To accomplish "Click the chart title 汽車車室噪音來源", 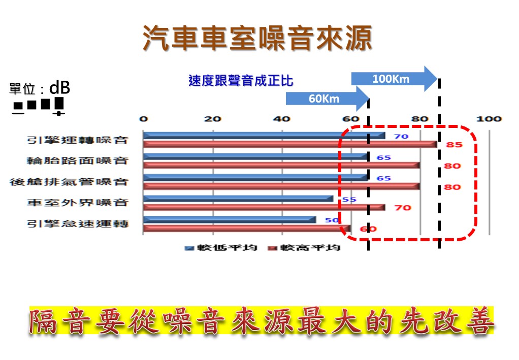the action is click(x=257, y=38).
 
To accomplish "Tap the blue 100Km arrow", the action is click(x=394, y=79).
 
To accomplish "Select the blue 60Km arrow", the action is click(x=328, y=99).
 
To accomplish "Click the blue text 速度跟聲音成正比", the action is click(x=241, y=81).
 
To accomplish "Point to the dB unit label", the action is click(x=59, y=88).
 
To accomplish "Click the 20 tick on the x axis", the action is click(x=212, y=119).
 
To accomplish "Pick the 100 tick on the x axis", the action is click(x=489, y=119).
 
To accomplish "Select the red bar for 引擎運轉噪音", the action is click(x=290, y=144).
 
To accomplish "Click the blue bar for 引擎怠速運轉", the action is click(x=230, y=220).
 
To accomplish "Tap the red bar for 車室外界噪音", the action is click(x=264, y=208).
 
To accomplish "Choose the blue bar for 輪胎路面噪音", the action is click(x=255, y=156).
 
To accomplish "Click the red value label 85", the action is click(x=454, y=145).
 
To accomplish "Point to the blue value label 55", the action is click(x=349, y=200).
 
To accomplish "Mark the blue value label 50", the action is click(x=332, y=220).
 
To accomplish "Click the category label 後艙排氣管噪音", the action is click(x=69, y=182).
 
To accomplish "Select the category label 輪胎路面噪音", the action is click(x=78, y=161).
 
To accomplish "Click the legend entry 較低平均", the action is click(x=221, y=247).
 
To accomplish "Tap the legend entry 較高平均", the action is click(x=304, y=247).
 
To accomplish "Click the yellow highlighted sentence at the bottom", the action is click(x=262, y=320).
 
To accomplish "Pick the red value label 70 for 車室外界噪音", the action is click(x=403, y=208).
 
